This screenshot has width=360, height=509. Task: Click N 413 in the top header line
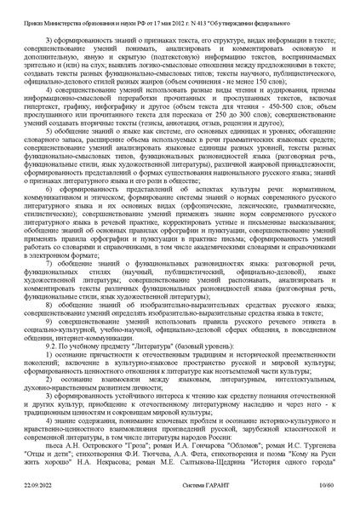coord(193,12)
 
